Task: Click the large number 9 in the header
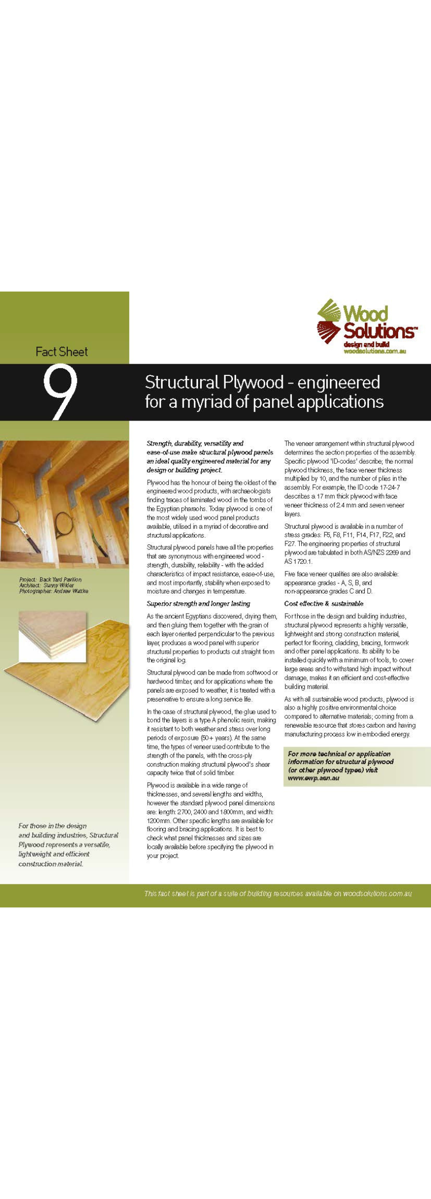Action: tap(61, 392)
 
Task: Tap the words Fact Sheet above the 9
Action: tap(62, 352)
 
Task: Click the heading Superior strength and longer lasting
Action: tap(198, 603)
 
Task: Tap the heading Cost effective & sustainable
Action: tap(324, 603)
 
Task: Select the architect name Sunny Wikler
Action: tap(59, 585)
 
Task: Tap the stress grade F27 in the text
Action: tap(290, 543)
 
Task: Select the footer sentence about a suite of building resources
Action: tap(278, 893)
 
